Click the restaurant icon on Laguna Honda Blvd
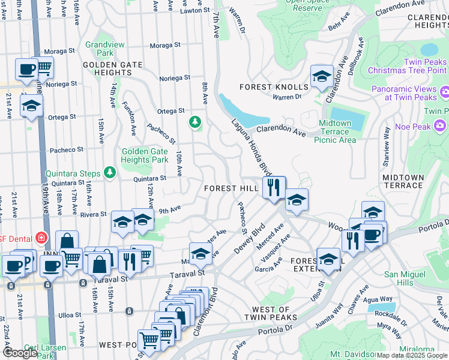(273, 187)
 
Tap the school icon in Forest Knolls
(322, 76)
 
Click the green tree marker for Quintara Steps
(109, 173)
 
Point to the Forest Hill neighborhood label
(231, 188)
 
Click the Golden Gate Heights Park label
(145, 156)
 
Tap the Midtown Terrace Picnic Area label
(335, 131)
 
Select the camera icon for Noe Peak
(441, 125)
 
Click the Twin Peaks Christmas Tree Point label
(408, 66)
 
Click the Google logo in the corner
(20, 353)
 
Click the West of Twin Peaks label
(270, 313)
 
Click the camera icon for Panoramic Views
(445, 92)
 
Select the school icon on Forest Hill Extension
(328, 259)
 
